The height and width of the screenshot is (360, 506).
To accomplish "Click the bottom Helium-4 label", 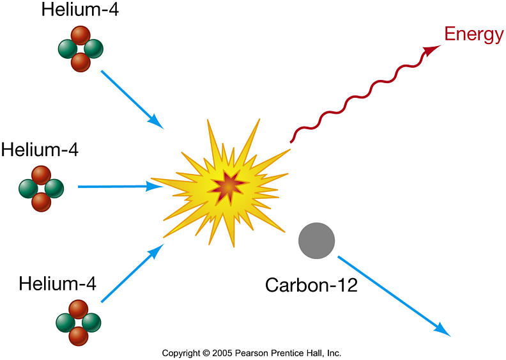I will pyautogui.click(x=57, y=283).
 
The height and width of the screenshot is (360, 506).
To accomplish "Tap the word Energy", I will pyautogui.click(x=474, y=35).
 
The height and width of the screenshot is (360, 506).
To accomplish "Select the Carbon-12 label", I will pyautogui.click(x=311, y=284).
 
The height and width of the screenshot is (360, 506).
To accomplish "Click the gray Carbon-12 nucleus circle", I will pyautogui.click(x=317, y=241).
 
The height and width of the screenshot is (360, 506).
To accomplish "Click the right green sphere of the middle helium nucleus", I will pyautogui.click(x=54, y=188).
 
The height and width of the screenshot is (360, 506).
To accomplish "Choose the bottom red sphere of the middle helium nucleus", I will pyautogui.click(x=41, y=201).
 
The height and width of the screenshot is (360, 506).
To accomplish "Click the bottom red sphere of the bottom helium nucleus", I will pyautogui.click(x=78, y=335).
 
